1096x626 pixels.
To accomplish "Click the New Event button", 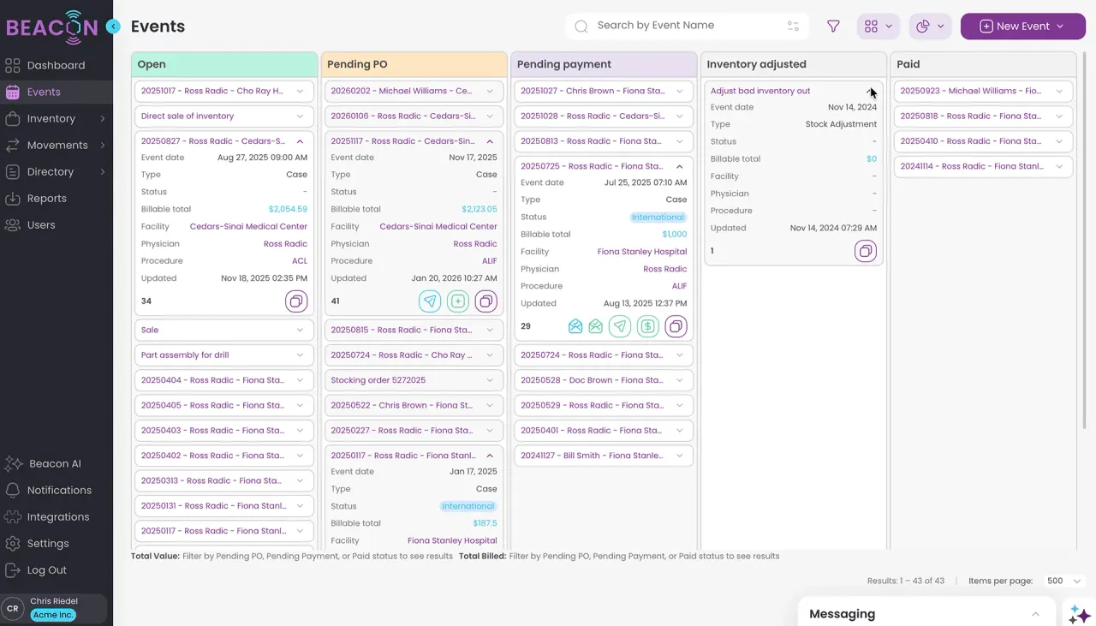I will click(1022, 27).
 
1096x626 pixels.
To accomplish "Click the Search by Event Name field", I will click(685, 26).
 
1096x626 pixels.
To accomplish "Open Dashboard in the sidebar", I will click(56, 65).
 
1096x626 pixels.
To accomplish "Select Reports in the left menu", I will click(46, 198).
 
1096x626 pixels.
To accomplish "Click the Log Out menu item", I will click(46, 570).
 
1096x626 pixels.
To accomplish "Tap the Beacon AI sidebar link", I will click(55, 463).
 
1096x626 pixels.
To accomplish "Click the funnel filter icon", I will click(833, 27).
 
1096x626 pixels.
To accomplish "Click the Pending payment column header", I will click(564, 64).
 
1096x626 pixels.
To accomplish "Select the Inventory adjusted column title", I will click(756, 64).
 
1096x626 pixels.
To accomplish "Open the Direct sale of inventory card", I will click(188, 116).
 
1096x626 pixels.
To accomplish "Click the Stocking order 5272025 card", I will click(378, 380).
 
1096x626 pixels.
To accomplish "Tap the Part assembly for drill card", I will click(185, 355).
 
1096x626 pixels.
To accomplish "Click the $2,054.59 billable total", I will click(288, 209).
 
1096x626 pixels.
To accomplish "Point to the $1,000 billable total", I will click(674, 235).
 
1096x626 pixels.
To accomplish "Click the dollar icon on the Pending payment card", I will click(648, 326).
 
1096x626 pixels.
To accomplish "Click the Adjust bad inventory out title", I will click(760, 91).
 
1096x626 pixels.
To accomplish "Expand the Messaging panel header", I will click(925, 614).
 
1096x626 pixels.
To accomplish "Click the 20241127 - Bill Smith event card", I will click(591, 456).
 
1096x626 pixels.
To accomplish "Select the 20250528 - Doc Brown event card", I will click(591, 380).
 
